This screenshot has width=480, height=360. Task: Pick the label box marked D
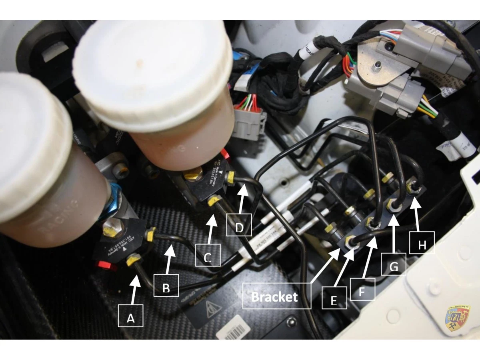[239, 225]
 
